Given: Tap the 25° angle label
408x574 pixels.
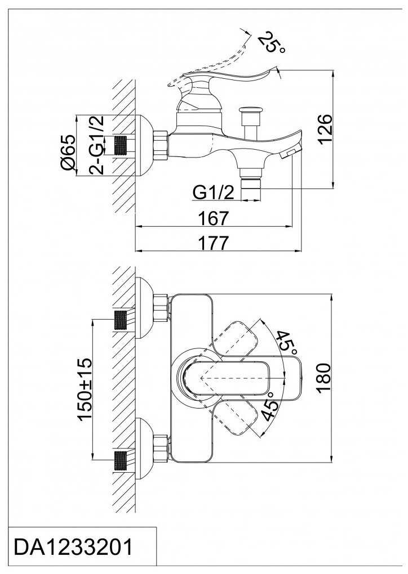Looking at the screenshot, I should (x=271, y=42).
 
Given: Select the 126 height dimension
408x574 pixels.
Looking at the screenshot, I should (x=325, y=129).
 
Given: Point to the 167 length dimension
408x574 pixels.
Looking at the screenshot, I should (x=214, y=218).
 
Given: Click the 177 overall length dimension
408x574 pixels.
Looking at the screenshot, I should (x=214, y=243).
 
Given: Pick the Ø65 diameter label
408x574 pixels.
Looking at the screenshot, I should (x=68, y=153).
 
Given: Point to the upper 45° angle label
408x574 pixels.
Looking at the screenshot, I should (x=285, y=340).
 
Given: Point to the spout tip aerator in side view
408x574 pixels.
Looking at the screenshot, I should (x=291, y=154).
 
